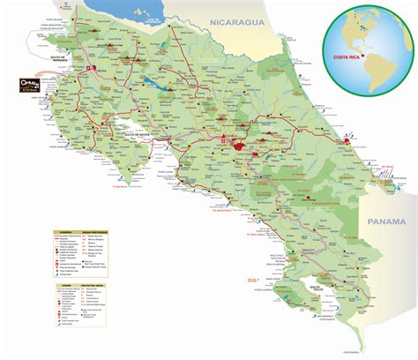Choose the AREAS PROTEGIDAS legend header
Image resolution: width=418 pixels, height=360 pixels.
pos(96,233)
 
